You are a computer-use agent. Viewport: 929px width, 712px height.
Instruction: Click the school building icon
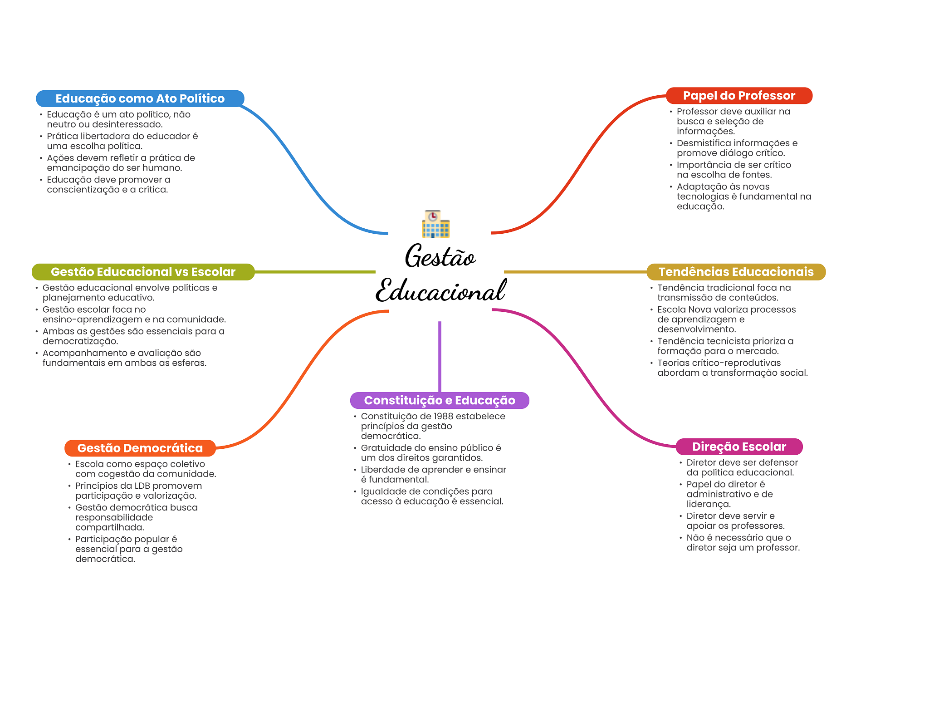(435, 224)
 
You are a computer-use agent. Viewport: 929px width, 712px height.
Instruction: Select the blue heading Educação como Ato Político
(140, 98)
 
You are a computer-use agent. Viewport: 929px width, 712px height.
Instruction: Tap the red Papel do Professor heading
(739, 96)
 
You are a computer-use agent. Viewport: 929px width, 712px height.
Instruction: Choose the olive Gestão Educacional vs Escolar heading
(143, 272)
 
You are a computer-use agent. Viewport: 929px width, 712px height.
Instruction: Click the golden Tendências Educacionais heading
(736, 272)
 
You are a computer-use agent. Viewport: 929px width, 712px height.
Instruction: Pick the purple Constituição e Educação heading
(440, 400)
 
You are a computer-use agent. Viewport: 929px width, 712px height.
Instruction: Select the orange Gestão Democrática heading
(140, 448)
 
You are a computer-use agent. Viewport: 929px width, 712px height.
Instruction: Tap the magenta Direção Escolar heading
(739, 447)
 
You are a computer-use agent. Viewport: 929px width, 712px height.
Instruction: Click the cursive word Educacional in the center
(440, 290)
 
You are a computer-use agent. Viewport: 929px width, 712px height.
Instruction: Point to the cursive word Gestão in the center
(440, 257)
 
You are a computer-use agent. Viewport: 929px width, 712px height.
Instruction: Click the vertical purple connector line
(440, 356)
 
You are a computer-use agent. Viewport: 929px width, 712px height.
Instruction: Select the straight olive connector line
(315, 272)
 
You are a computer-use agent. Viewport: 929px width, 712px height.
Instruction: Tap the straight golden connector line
(575, 272)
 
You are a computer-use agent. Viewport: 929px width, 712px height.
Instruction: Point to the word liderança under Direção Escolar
(708, 504)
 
